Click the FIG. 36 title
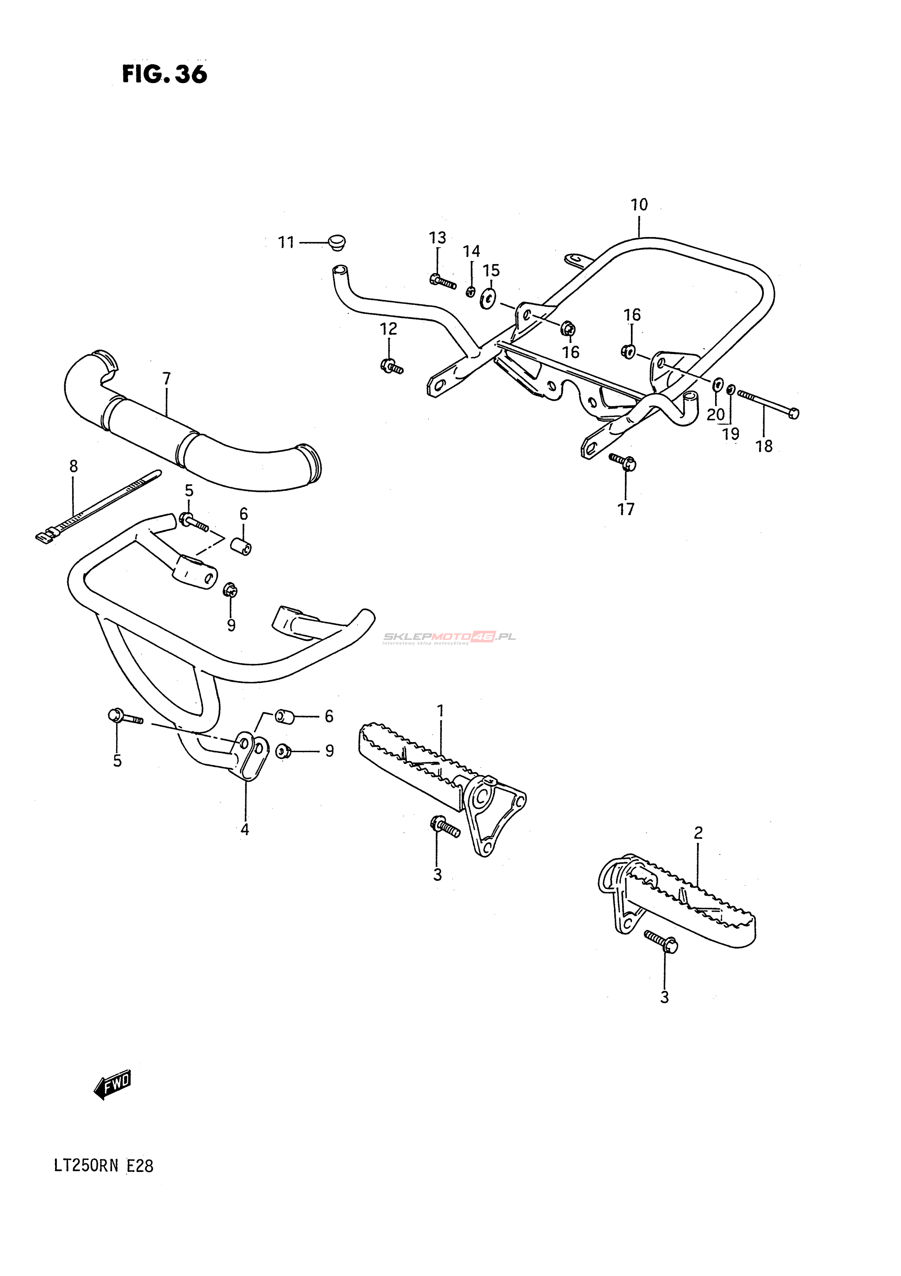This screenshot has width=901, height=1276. (x=164, y=74)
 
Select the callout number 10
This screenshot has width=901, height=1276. (x=639, y=205)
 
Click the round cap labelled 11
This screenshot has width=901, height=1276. (x=336, y=243)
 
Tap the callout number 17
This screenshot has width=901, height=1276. (x=626, y=509)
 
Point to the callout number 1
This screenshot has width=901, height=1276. (x=440, y=711)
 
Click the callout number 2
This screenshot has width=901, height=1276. (x=698, y=848)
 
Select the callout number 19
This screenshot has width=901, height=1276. (x=731, y=434)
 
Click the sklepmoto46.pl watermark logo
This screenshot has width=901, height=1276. (x=449, y=637)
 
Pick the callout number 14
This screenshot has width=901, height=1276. (x=471, y=251)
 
